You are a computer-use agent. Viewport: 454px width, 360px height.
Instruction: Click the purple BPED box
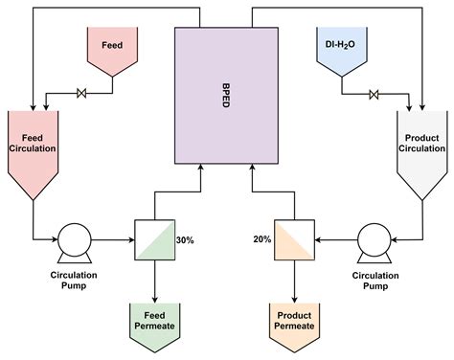pyautogui.click(x=226, y=124)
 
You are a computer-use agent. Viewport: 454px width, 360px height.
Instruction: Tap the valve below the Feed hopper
pyautogui.click(x=80, y=93)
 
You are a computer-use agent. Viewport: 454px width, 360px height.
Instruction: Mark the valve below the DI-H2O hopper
pyautogui.click(x=374, y=93)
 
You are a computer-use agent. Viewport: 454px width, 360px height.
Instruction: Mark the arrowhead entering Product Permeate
pyautogui.click(x=294, y=298)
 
